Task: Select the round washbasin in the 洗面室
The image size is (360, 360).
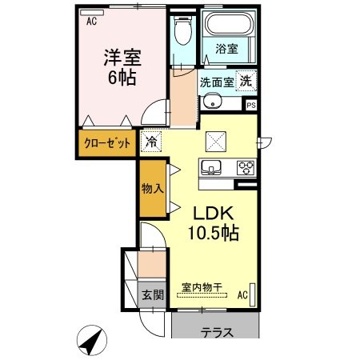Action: coord(211,102)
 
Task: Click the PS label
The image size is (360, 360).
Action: coord(251,104)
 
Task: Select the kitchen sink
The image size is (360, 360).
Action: coord(212,168)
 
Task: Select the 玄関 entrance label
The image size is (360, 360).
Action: coord(152,295)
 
